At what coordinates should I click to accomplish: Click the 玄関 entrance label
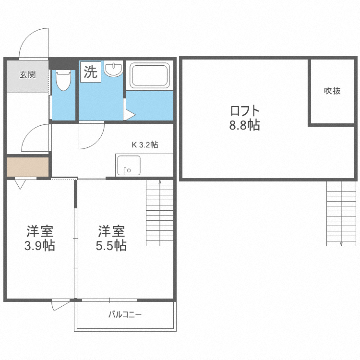click(x=27, y=74)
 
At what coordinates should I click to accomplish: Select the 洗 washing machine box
click(x=90, y=72)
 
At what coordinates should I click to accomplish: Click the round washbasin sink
click(x=114, y=70)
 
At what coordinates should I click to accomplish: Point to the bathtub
click(x=149, y=76)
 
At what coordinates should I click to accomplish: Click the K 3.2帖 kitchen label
click(x=145, y=144)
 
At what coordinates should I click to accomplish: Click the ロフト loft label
click(x=244, y=111)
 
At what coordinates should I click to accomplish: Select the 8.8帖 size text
click(x=244, y=126)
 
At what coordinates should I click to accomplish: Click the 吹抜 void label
click(x=332, y=91)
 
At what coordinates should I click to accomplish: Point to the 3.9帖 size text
click(x=39, y=245)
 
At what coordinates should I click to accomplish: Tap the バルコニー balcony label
click(x=124, y=315)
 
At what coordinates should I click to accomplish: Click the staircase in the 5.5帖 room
click(x=159, y=213)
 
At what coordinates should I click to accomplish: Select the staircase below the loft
click(x=341, y=213)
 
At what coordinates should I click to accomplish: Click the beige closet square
click(x=28, y=167)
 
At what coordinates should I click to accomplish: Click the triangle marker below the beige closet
click(x=21, y=184)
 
